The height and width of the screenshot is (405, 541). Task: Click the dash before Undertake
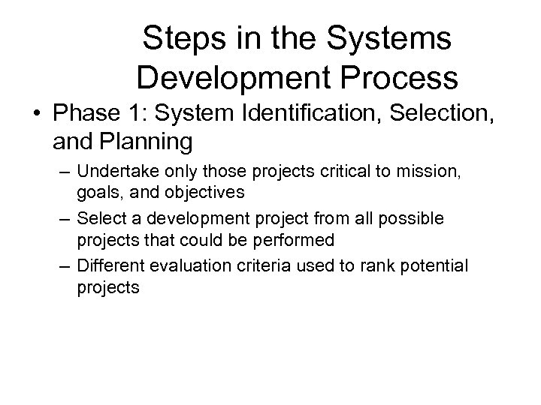click(x=65, y=172)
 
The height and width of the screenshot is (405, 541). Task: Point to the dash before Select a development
click(x=65, y=219)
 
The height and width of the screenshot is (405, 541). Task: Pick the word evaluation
click(x=184, y=265)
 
